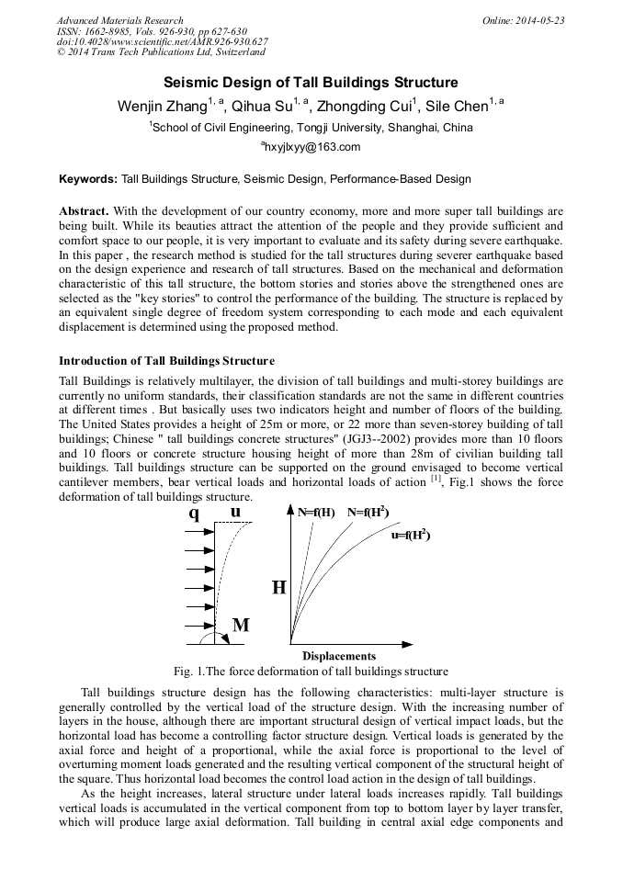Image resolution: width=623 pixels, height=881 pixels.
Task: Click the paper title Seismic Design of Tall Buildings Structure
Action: coord(311,83)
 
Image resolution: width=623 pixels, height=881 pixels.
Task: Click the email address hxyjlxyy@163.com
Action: coord(312,147)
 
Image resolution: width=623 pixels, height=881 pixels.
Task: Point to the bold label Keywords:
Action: coord(88,178)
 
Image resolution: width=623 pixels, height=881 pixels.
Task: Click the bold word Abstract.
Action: coord(84,211)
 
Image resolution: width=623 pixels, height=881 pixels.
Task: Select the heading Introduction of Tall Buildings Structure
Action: coord(166,361)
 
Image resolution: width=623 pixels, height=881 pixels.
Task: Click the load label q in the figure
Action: coord(194,514)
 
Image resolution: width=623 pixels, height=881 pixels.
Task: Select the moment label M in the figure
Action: coord(241,626)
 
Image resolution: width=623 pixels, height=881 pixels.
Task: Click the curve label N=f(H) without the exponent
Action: coord(316,512)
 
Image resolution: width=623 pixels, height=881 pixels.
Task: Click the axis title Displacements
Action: coord(339,656)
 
